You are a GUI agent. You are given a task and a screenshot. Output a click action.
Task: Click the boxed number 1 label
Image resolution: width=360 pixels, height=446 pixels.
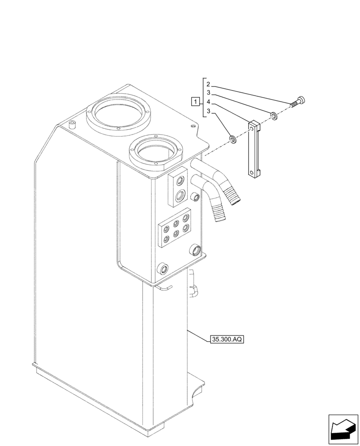pos(195,101)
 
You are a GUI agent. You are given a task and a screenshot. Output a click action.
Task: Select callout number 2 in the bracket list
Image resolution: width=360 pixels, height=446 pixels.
pos(208,85)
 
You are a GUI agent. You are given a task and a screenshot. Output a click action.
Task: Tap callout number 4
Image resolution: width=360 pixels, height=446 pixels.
pos(208,102)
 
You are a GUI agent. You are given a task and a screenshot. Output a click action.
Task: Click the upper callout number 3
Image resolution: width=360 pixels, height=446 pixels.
pos(208,93)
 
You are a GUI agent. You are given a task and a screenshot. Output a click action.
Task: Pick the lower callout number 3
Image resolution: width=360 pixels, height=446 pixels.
pos(208,111)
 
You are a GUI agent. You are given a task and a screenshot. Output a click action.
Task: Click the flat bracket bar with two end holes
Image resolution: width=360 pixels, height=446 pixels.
pos(254,150)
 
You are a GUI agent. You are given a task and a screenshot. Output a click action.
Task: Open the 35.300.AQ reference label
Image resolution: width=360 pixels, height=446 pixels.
pos(227,339)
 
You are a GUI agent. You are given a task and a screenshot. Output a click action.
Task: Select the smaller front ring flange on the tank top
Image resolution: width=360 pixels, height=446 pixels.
pos(155,152)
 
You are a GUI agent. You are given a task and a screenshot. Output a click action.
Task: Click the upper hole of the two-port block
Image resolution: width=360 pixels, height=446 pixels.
pos(180,180)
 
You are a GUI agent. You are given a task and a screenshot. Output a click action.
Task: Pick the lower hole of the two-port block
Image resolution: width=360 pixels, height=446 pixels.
pos(180,194)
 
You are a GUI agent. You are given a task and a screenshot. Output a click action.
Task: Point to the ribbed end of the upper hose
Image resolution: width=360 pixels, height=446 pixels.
pos(234,196)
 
